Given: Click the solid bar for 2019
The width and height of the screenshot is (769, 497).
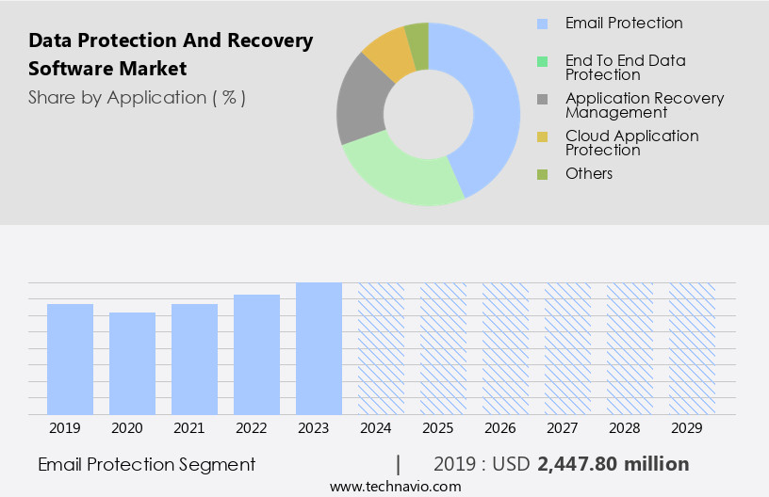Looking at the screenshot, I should coord(70,359).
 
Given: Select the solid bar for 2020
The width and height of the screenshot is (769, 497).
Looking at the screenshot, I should coord(132,363).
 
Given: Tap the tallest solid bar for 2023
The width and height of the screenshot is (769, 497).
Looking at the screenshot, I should coord(319,348).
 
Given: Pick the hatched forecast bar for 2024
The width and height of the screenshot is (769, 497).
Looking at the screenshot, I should coord(381,348).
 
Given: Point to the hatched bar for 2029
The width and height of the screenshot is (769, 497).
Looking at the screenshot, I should coord(692,348).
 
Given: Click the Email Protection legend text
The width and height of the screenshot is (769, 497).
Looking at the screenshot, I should coord(624,23).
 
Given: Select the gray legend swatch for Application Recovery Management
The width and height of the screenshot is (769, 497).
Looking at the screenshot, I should coord(542,99).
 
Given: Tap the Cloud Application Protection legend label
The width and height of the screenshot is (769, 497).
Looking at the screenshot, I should coord(631,142).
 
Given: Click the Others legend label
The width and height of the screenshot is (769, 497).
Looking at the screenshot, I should coord(589,173).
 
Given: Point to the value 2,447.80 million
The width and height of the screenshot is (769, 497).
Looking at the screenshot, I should coord(613,464).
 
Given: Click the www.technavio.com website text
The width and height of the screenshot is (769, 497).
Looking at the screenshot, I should coord(396,486).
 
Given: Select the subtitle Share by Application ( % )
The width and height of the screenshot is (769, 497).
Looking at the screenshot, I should coord(137,97).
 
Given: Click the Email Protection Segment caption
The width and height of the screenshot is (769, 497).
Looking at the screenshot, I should coord(146,464).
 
